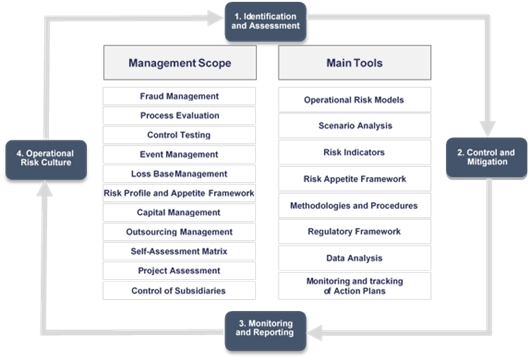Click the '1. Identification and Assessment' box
(x=265, y=22)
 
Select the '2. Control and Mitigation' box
(x=486, y=158)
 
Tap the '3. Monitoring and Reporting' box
(x=265, y=331)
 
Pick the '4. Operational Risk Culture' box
(x=46, y=160)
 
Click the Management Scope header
(x=180, y=63)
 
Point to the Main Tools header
(x=355, y=63)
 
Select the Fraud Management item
(x=179, y=96)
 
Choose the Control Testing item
(x=179, y=135)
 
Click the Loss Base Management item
(x=179, y=174)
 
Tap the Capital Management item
(x=179, y=212)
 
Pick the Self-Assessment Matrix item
(x=179, y=251)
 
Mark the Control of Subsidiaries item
(x=179, y=291)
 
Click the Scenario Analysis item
(x=355, y=126)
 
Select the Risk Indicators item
(x=355, y=152)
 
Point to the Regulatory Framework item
(x=355, y=232)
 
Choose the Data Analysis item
(x=355, y=258)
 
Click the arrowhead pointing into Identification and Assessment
(x=215, y=18)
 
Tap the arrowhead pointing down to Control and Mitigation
(x=487, y=128)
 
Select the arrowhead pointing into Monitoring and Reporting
(x=315, y=333)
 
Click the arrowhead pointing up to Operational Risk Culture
(x=44, y=189)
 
